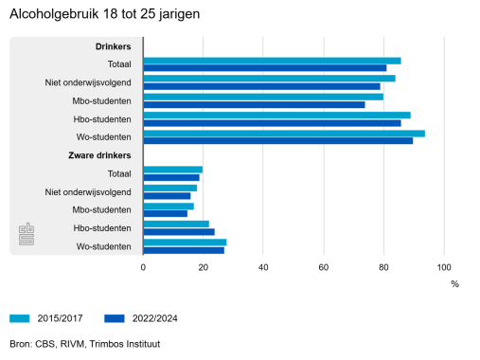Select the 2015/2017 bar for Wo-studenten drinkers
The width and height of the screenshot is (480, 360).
tap(283, 134)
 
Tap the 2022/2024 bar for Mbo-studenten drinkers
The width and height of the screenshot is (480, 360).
tap(254, 104)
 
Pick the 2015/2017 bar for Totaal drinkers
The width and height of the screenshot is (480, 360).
tap(272, 61)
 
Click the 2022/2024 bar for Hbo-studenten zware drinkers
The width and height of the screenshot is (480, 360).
tap(179, 232)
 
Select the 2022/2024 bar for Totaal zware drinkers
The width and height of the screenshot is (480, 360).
tap(171, 177)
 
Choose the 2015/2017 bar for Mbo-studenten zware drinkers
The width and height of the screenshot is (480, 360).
tap(169, 206)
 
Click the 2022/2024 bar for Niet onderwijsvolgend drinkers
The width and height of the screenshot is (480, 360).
tap(261, 86)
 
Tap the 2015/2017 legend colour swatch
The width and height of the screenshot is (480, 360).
tap(23, 318)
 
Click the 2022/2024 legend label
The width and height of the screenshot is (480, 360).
tap(155, 318)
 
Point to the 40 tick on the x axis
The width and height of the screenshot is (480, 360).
tap(263, 267)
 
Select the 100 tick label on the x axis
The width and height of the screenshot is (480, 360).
tap(444, 267)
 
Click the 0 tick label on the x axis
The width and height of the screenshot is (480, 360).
tap(143, 267)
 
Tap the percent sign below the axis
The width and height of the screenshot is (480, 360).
tap(453, 282)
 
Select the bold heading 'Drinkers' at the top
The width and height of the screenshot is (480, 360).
tap(113, 46)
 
